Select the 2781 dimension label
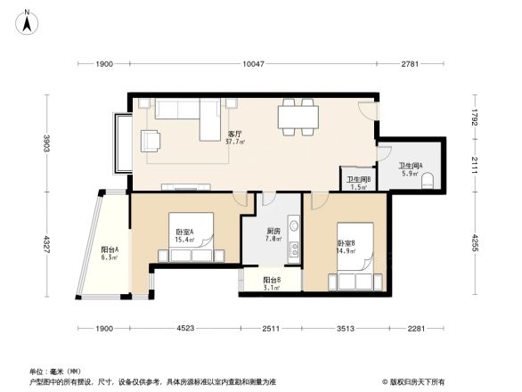(x=409, y=64)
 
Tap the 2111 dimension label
(x=476, y=165)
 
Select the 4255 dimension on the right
(x=476, y=242)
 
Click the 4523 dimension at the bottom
(x=184, y=329)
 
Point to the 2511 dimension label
(x=271, y=329)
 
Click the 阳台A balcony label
(x=110, y=253)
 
